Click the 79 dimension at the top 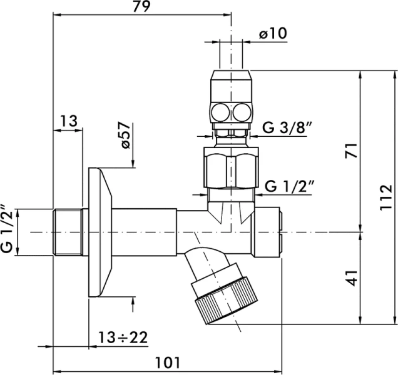[x=141, y=6]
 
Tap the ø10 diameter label [x=273, y=33]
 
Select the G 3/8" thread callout [x=287, y=127]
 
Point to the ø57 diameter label [x=126, y=135]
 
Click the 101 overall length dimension [x=167, y=362]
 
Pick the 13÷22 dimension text [x=123, y=337]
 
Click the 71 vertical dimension [x=351, y=151]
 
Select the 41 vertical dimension [x=351, y=278]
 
